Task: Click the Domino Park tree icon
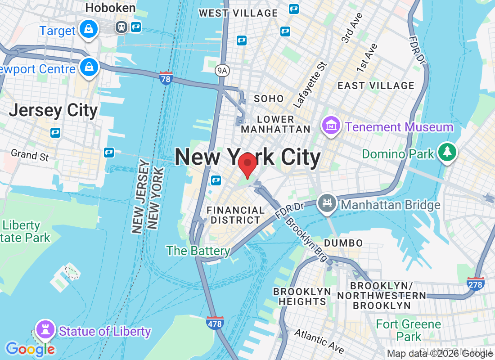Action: click(x=447, y=153)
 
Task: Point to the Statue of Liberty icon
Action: click(x=45, y=329)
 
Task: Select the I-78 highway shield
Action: click(x=166, y=78)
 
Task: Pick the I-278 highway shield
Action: click(x=476, y=283)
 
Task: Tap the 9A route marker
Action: click(x=221, y=70)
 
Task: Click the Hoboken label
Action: click(x=110, y=8)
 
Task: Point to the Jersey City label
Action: click(x=53, y=110)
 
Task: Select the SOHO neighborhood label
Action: click(x=269, y=99)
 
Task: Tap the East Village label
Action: click(x=376, y=85)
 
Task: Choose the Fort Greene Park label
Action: click(x=408, y=330)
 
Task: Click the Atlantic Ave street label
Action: click(x=319, y=341)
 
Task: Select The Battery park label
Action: click(x=198, y=251)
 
